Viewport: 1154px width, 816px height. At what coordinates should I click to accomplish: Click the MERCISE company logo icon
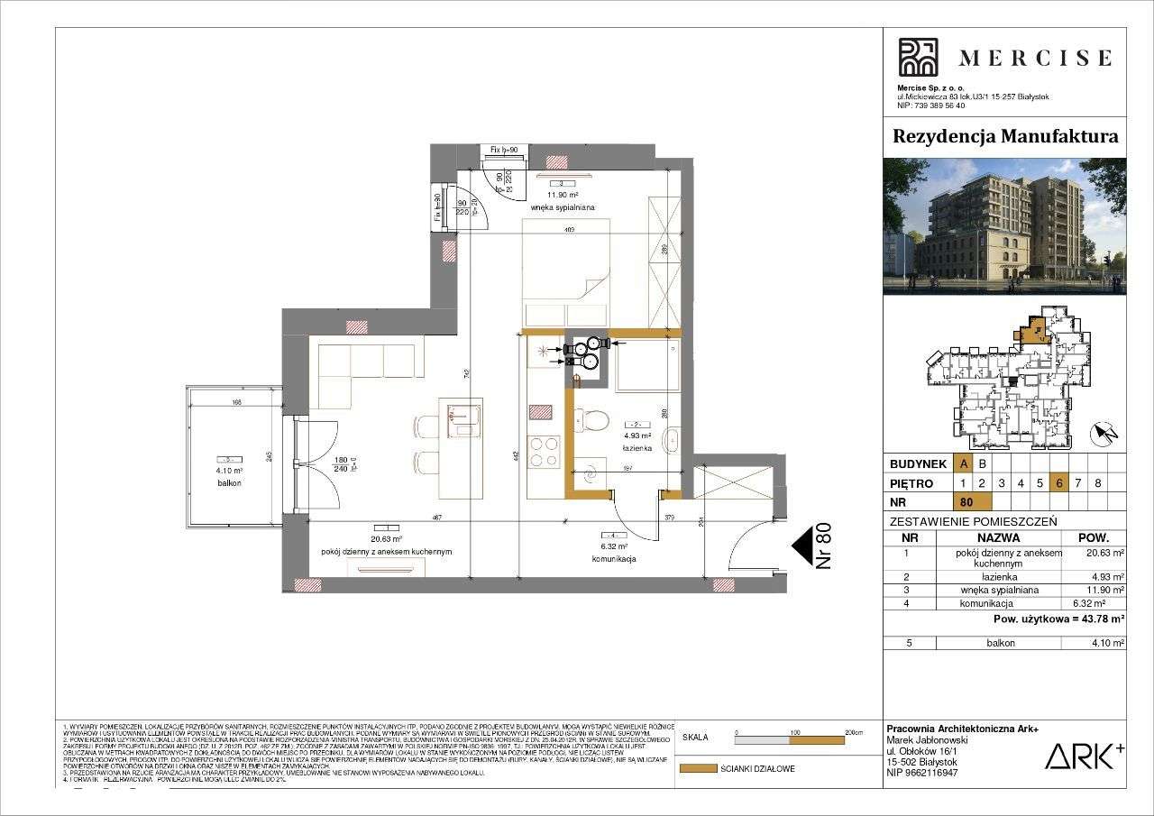918,58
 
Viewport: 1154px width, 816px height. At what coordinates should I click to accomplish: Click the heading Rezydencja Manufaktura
1004,137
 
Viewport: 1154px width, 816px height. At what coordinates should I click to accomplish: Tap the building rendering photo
1004,226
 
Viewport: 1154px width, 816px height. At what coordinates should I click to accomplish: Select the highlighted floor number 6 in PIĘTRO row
1059,482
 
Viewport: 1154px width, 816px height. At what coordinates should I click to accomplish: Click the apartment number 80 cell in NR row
972,501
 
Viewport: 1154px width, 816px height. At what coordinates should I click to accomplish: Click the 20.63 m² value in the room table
1104,553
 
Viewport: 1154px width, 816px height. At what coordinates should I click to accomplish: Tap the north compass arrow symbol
1104,435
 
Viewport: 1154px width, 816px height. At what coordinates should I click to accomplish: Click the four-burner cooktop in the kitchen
544,451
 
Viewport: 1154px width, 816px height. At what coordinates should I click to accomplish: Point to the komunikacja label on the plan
616,559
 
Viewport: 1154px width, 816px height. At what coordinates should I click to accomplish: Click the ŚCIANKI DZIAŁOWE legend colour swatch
696,769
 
